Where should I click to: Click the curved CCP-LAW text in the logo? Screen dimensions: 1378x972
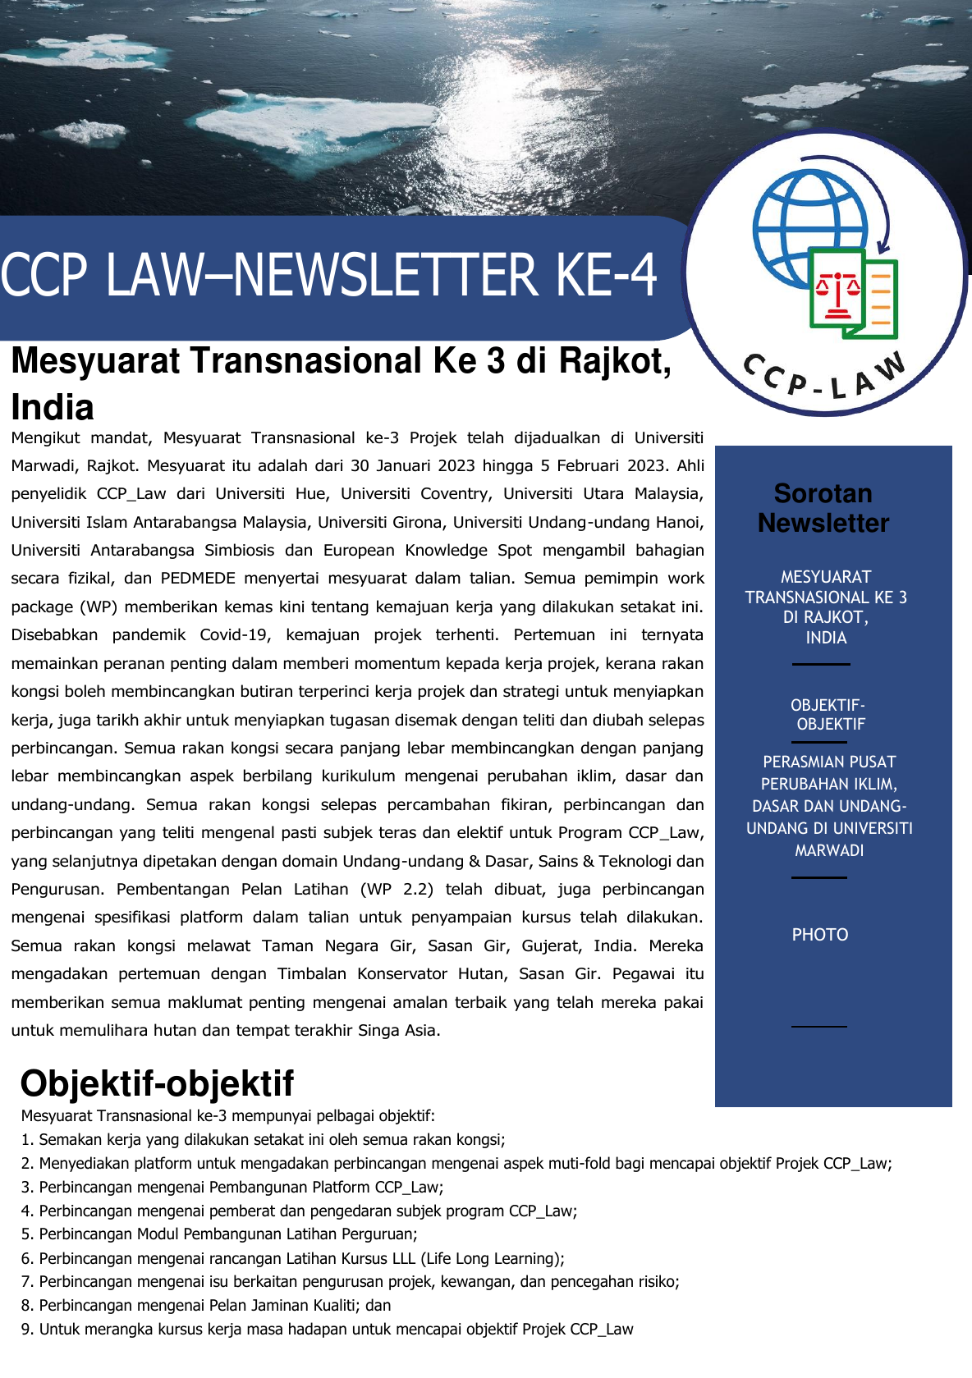pos(824,378)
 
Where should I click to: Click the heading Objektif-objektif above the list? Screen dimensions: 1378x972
pos(157,1083)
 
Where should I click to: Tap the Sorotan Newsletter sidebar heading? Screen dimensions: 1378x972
pos(823,508)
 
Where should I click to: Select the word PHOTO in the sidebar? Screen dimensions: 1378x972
pos(819,935)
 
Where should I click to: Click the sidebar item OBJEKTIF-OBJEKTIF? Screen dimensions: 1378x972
pos(828,715)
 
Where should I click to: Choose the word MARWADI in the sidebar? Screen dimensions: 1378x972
pos(829,851)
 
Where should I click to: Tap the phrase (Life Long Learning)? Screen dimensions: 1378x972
pos(492,1258)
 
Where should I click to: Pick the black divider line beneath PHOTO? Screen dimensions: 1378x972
pos(818,1026)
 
